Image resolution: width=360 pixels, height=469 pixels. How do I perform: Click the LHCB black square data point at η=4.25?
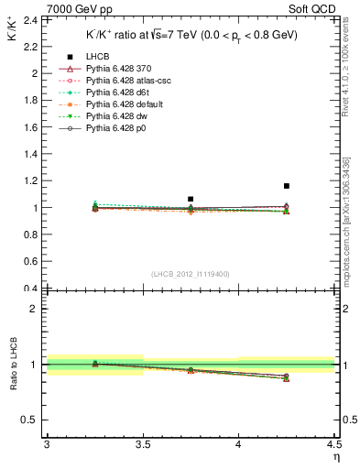coord(287,186)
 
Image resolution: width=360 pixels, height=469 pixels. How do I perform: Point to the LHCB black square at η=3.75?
coord(191,199)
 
